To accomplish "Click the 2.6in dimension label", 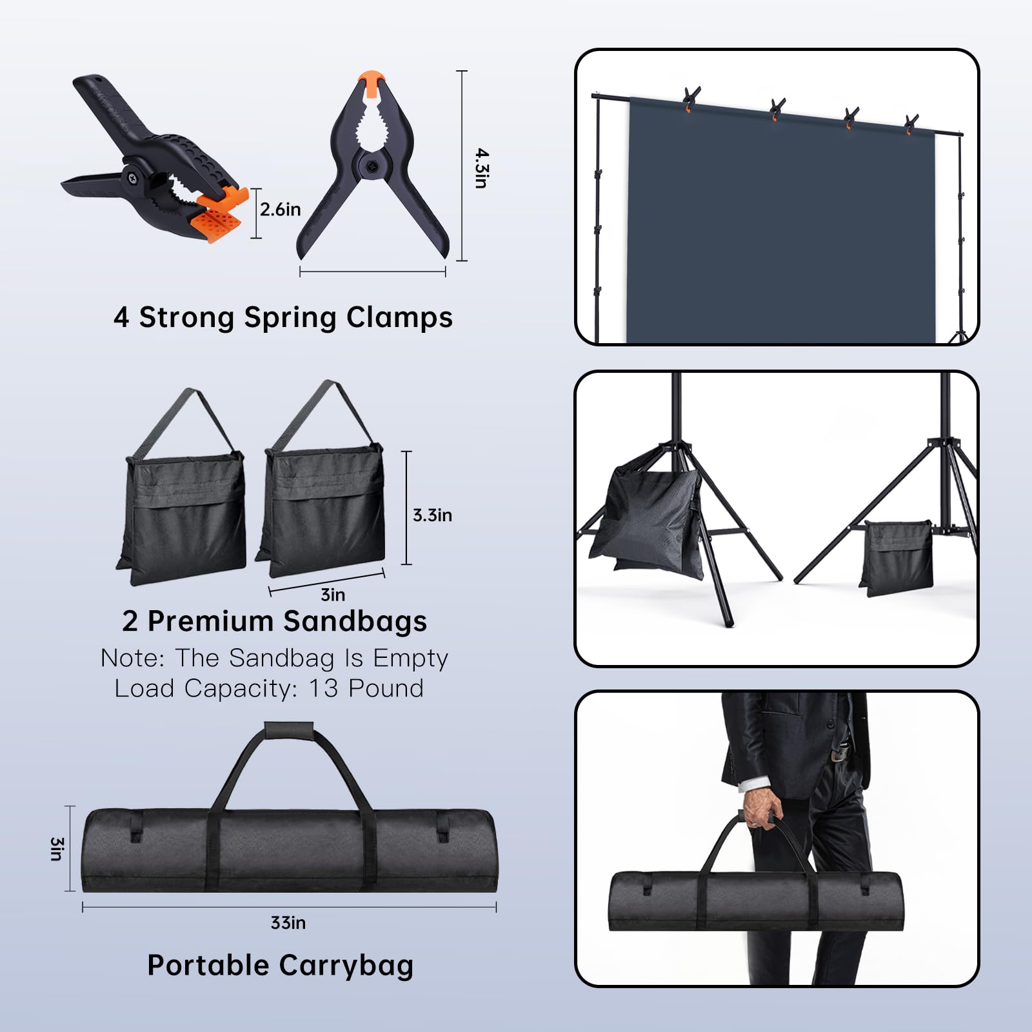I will point(280,210).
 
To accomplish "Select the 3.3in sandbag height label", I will point(432,515).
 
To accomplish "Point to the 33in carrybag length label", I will point(288,923).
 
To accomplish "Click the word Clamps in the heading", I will point(399,318).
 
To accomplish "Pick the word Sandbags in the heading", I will point(355,622).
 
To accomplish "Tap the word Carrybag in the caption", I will point(346,966).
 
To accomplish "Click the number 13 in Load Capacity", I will point(324,689).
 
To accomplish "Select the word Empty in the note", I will point(410,659).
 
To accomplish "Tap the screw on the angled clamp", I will point(132,175).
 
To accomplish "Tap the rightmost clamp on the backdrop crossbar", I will point(911,124).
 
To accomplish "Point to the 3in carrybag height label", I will point(57,849).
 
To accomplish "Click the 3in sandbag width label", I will point(333,595).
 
